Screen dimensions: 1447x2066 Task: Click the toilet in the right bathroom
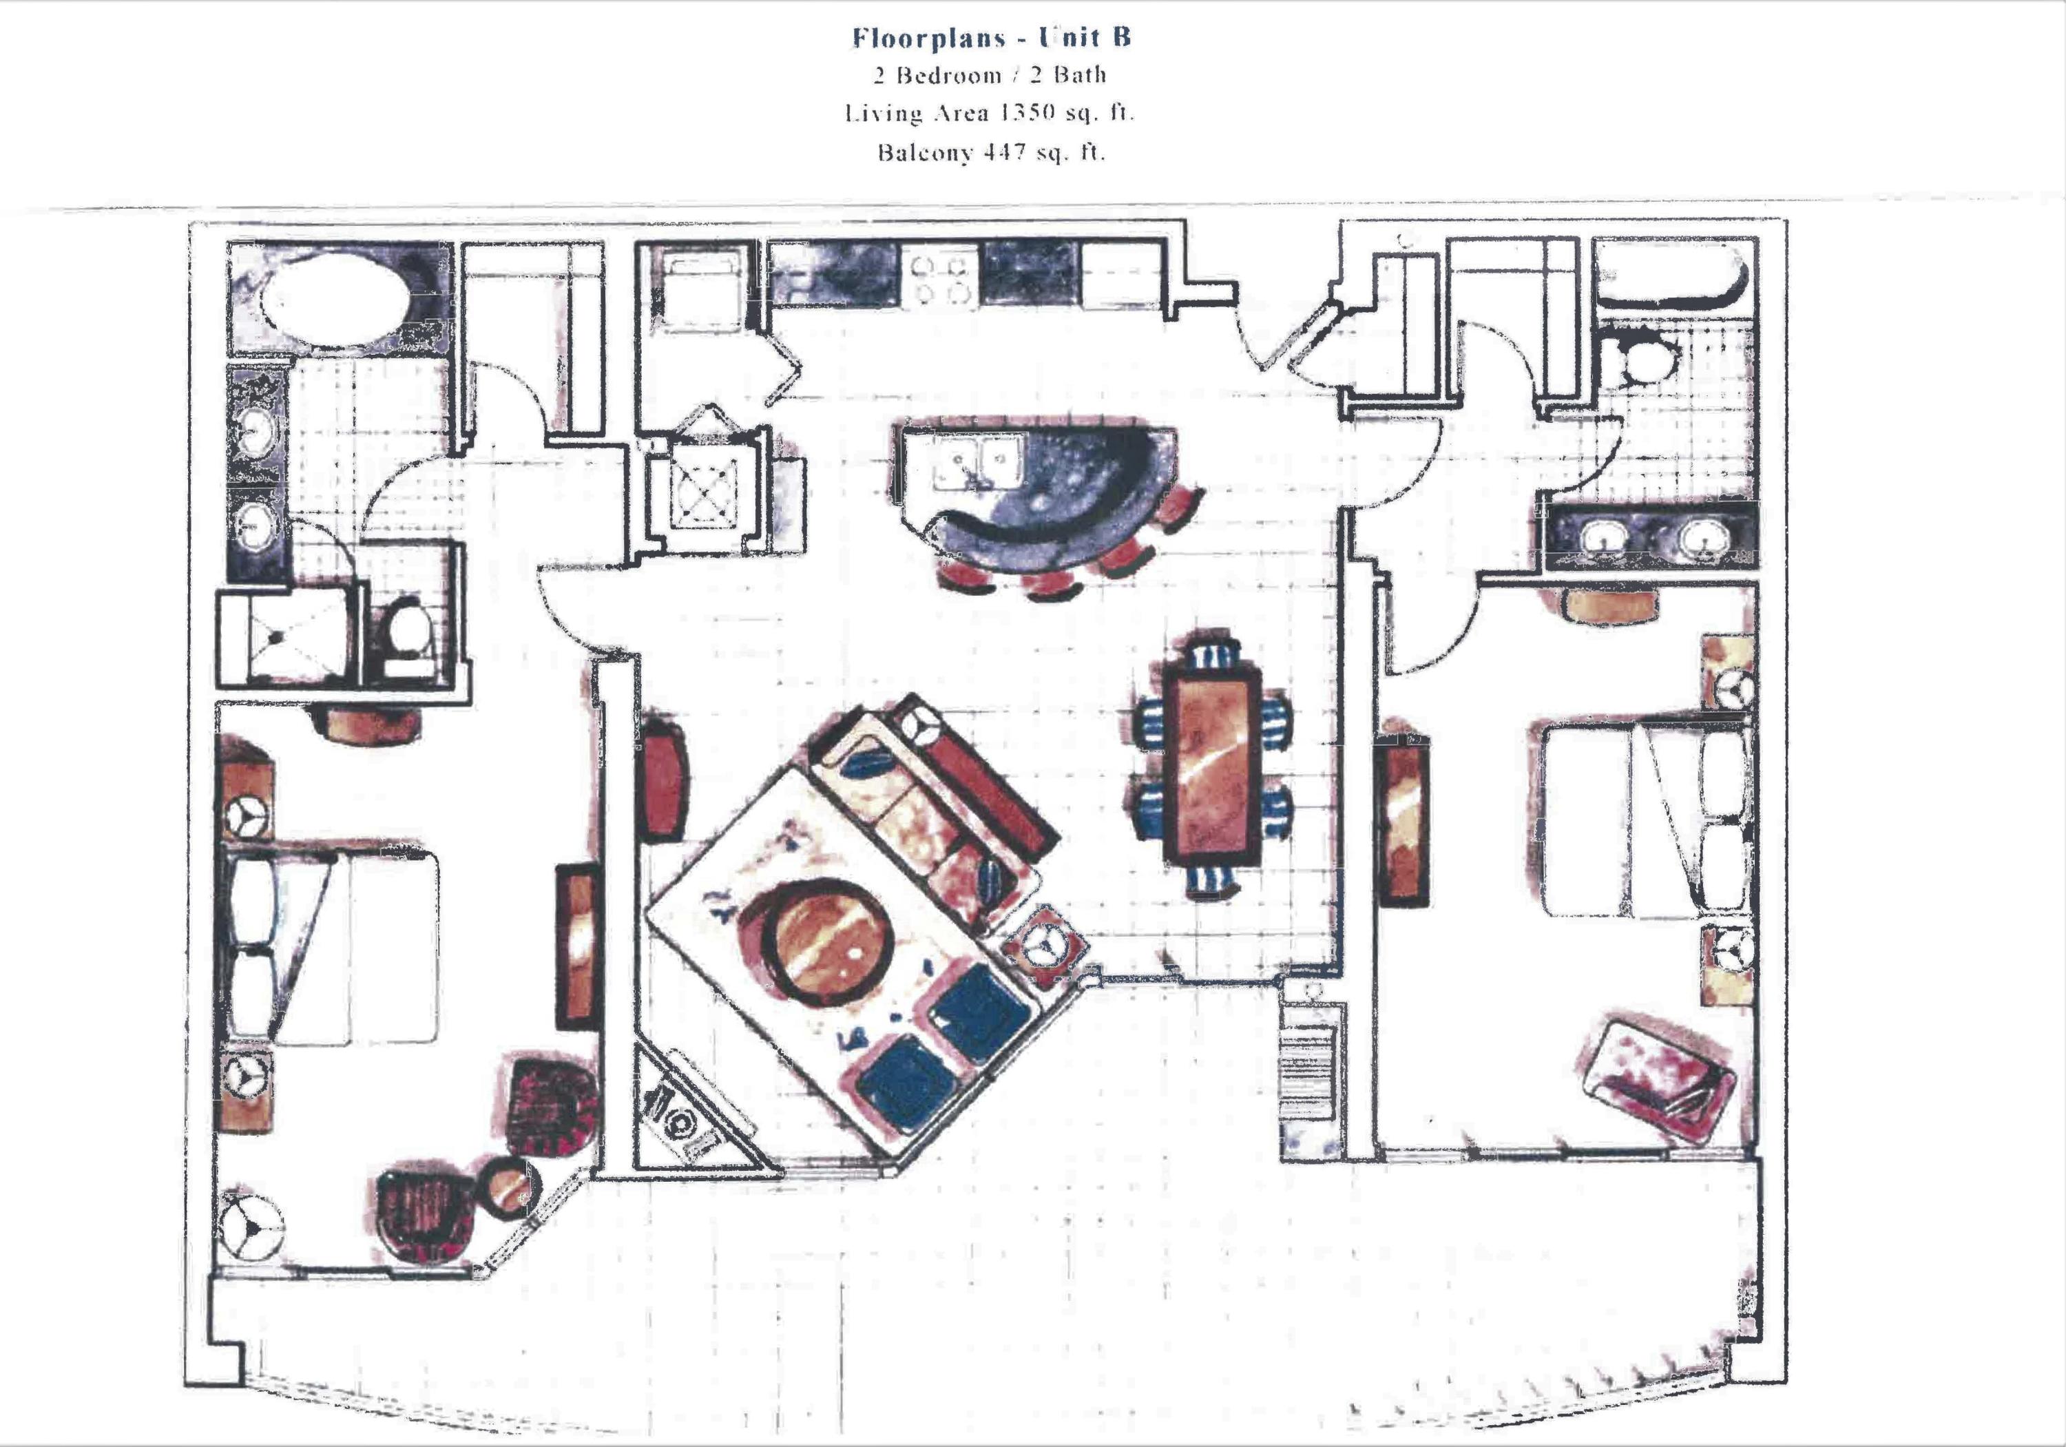pos(1651,357)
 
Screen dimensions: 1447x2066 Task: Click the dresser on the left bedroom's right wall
pos(577,945)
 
